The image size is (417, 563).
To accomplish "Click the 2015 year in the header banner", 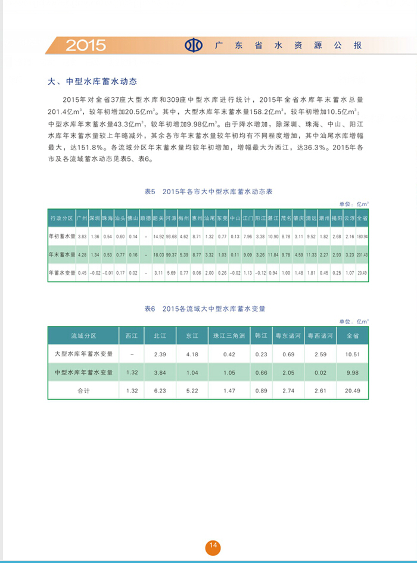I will click(x=85, y=45).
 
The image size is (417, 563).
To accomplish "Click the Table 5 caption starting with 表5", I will click(x=208, y=191).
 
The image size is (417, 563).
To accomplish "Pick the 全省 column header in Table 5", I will click(x=362, y=219).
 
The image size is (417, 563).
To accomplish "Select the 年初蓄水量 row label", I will click(x=62, y=237).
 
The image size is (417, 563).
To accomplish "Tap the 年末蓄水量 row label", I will click(x=62, y=255).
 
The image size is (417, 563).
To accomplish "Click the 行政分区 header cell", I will click(x=62, y=219).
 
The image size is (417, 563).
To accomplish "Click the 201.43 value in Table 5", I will click(x=362, y=255).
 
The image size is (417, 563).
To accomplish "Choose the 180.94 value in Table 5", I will click(x=362, y=237).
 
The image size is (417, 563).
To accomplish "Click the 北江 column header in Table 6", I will click(x=160, y=336).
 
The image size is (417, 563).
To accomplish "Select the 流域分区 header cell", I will click(x=83, y=336).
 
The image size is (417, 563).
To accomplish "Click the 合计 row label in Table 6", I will click(x=83, y=391).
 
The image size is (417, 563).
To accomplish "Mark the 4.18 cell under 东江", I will click(x=191, y=354).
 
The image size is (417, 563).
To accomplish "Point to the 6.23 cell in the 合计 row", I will click(x=160, y=391).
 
